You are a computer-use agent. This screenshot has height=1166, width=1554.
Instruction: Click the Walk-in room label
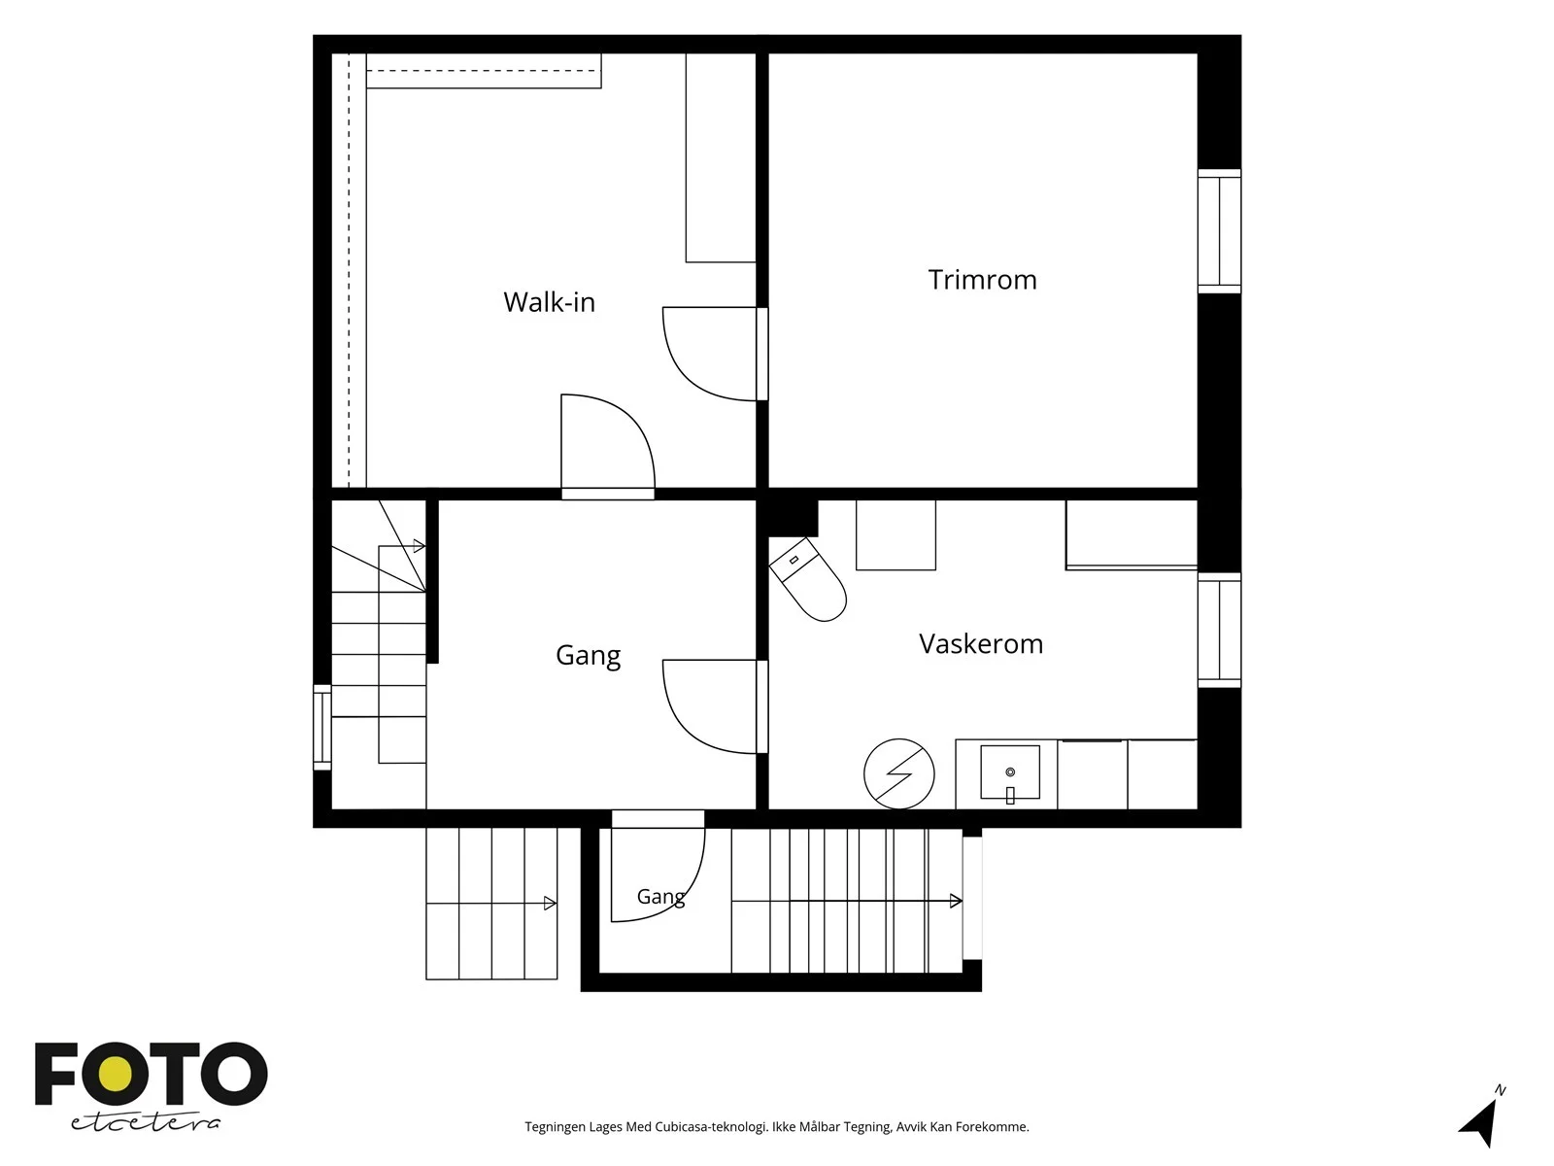point(549,302)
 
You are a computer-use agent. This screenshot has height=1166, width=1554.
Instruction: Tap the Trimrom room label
point(982,280)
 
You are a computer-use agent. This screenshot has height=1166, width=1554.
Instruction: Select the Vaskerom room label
point(981,643)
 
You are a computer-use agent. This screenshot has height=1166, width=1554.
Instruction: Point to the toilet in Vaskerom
point(808,579)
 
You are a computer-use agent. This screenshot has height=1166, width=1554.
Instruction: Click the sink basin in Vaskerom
point(1009,772)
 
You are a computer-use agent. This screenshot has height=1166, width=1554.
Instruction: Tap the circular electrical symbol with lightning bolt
point(898,773)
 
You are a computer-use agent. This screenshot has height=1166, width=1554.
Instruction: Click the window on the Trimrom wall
point(1219,231)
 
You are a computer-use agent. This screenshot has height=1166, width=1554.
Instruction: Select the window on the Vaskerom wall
point(1219,630)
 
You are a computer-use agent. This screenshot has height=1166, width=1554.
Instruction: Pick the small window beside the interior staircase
point(322,727)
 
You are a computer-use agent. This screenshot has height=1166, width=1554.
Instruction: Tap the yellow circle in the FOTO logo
point(116,1074)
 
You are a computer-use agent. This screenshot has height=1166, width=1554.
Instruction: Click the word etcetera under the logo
point(145,1123)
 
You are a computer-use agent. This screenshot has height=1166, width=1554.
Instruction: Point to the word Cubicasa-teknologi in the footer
point(711,1127)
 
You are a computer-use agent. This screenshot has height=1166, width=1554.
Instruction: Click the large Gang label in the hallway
point(588,656)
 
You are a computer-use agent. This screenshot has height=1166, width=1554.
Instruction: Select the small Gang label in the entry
point(660,897)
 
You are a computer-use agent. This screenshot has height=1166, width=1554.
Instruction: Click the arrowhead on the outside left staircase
point(550,904)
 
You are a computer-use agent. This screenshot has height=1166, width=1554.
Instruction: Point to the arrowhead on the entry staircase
point(956,902)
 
